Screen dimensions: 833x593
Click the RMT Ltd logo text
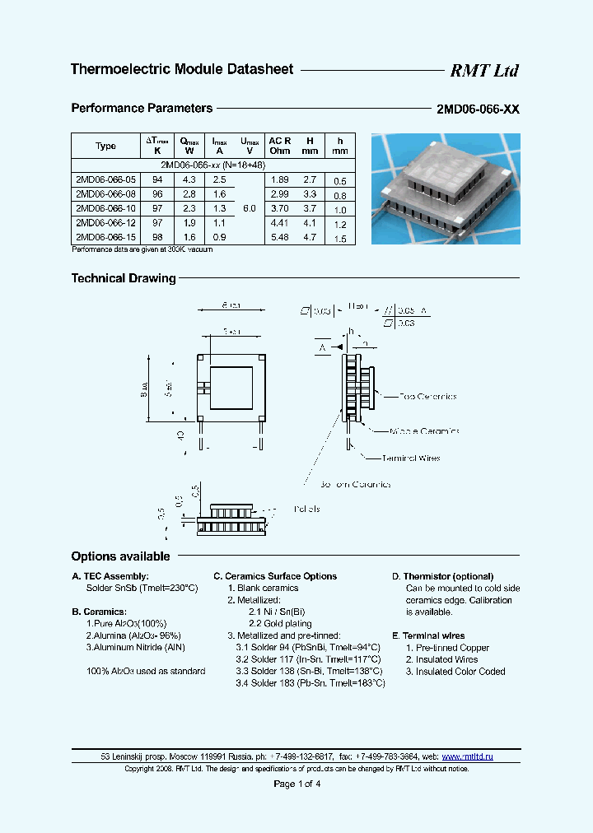(x=483, y=71)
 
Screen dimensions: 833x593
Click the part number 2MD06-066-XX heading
(x=478, y=109)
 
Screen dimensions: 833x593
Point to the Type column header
(x=106, y=146)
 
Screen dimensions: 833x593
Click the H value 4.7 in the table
(x=309, y=237)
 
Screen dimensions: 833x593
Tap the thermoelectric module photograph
(x=446, y=188)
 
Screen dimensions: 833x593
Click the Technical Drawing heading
(x=124, y=278)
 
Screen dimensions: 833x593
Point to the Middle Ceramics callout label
(x=424, y=430)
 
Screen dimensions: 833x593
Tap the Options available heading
(x=120, y=556)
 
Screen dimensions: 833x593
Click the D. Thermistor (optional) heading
(x=442, y=576)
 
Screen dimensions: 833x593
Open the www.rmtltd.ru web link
(x=467, y=756)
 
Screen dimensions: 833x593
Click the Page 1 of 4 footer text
(x=296, y=784)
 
